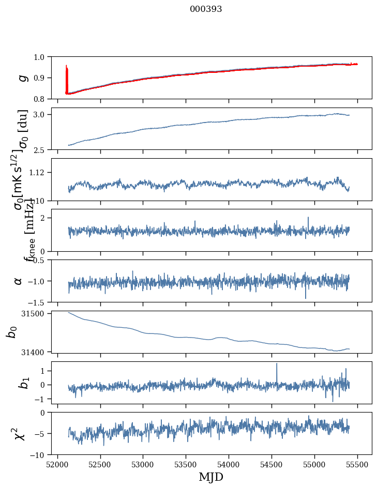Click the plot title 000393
(206, 9)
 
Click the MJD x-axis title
(211, 477)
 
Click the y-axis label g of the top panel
(22, 78)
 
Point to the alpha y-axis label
(18, 281)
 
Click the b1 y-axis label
(22, 383)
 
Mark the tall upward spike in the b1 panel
(277, 365)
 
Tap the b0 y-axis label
(11, 331)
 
